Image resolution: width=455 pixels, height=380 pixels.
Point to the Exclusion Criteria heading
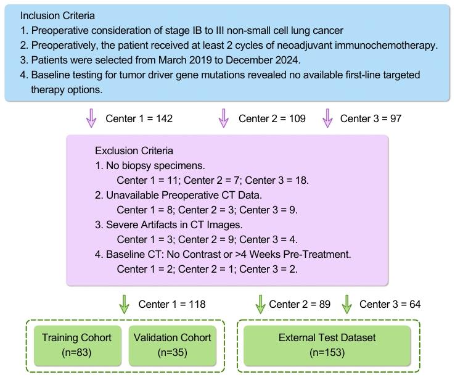point(134,151)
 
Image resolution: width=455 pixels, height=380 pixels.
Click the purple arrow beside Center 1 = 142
point(91,118)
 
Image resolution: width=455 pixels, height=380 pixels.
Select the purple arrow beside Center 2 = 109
point(224,118)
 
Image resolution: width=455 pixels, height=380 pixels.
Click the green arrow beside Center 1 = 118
point(124,304)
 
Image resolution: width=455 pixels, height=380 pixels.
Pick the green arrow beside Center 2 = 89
point(260,304)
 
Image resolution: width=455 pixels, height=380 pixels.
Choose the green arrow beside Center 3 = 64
point(346,304)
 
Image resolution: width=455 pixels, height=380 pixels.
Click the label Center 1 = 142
point(139,118)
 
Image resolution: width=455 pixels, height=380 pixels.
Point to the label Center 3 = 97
point(371,118)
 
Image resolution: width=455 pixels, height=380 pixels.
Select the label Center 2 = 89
point(300,304)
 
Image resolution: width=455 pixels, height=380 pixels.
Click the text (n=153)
point(327,352)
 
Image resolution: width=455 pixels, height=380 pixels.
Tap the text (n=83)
point(76,352)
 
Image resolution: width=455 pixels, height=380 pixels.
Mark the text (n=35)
point(171,352)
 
